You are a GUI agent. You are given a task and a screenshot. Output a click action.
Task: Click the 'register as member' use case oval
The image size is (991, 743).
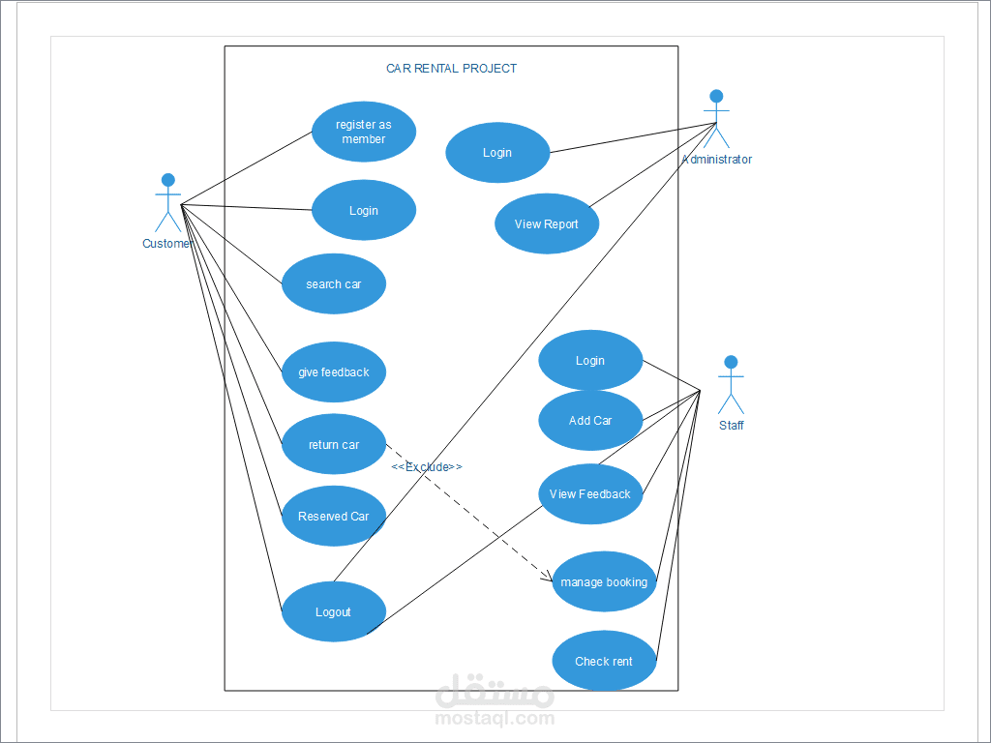tap(364, 132)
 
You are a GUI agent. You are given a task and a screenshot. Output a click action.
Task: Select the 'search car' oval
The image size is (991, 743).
tap(334, 283)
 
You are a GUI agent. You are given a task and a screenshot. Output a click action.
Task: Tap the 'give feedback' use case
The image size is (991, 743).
tap(334, 372)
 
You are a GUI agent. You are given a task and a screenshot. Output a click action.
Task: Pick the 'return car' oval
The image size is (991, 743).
tap(334, 444)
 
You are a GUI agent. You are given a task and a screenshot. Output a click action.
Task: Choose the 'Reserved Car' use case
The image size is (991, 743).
tap(334, 517)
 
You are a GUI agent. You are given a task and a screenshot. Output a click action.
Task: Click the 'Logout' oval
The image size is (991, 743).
tap(334, 611)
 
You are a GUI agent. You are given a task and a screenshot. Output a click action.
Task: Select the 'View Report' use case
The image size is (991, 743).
tap(547, 223)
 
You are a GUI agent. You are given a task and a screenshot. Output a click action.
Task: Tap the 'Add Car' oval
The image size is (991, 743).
tap(590, 420)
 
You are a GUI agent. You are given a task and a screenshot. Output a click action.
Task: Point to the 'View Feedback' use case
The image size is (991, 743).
tap(590, 494)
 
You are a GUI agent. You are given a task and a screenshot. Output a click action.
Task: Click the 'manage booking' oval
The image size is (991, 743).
tap(604, 581)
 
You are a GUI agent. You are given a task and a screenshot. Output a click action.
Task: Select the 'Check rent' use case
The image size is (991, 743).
tap(604, 661)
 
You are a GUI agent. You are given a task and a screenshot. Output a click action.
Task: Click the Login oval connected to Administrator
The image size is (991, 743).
tap(497, 152)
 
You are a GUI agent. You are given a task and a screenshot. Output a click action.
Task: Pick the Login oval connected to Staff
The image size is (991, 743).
tap(590, 360)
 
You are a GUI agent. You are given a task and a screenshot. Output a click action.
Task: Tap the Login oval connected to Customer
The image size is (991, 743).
tap(364, 210)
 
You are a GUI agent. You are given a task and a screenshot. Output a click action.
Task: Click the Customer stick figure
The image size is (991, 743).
tap(168, 203)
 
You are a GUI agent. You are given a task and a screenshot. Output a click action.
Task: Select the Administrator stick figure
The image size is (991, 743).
tap(716, 119)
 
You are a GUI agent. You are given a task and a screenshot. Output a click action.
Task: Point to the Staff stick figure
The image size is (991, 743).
tap(731, 385)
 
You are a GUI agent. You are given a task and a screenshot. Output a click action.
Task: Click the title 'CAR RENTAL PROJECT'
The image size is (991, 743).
tap(451, 69)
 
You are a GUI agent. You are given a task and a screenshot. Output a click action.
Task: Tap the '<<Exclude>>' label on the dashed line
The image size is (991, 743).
tap(427, 467)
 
